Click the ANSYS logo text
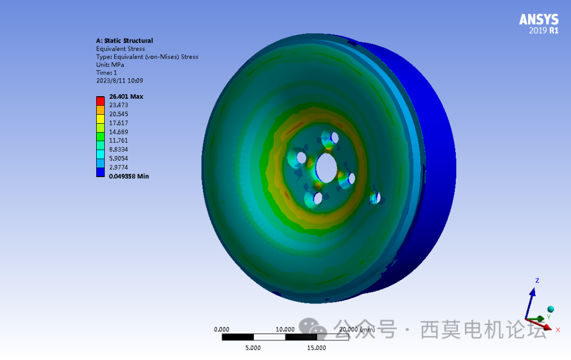click(x=538, y=20)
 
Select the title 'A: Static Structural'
click(x=124, y=41)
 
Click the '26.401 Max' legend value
click(x=126, y=97)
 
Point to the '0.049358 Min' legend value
click(x=128, y=176)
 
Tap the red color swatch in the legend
click(x=100, y=100)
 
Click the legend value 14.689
click(x=118, y=132)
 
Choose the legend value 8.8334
click(x=118, y=150)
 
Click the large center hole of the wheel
click(x=326, y=168)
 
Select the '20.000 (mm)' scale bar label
click(x=357, y=329)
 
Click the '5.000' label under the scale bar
click(x=253, y=347)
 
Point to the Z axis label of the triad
click(x=537, y=281)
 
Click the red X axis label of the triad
click(x=558, y=330)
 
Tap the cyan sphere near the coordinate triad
click(x=550, y=309)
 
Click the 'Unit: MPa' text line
click(x=110, y=64)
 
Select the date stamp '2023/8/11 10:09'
click(x=119, y=81)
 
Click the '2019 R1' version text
click(x=544, y=31)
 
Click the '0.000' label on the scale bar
click(x=222, y=329)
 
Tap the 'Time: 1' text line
click(x=106, y=72)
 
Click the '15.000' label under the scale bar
click(x=316, y=347)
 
